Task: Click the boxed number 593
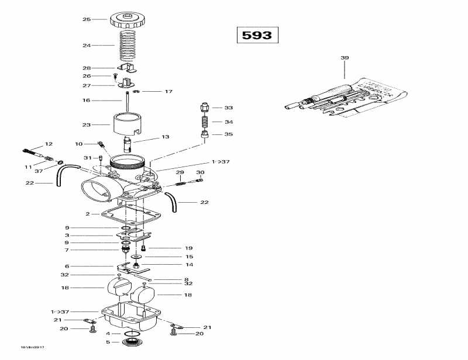click(x=257, y=35)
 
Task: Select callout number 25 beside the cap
click(x=87, y=19)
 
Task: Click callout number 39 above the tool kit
click(x=345, y=58)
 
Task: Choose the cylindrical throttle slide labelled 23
click(x=129, y=124)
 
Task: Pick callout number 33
click(x=229, y=108)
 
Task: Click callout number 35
click(x=229, y=134)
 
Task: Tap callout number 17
click(x=168, y=92)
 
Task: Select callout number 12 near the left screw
click(x=49, y=144)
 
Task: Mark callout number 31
click(x=87, y=158)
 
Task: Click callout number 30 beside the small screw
click(x=200, y=172)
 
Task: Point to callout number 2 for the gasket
click(x=88, y=214)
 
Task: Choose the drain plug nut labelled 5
click(x=132, y=342)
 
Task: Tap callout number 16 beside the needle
click(x=87, y=101)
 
